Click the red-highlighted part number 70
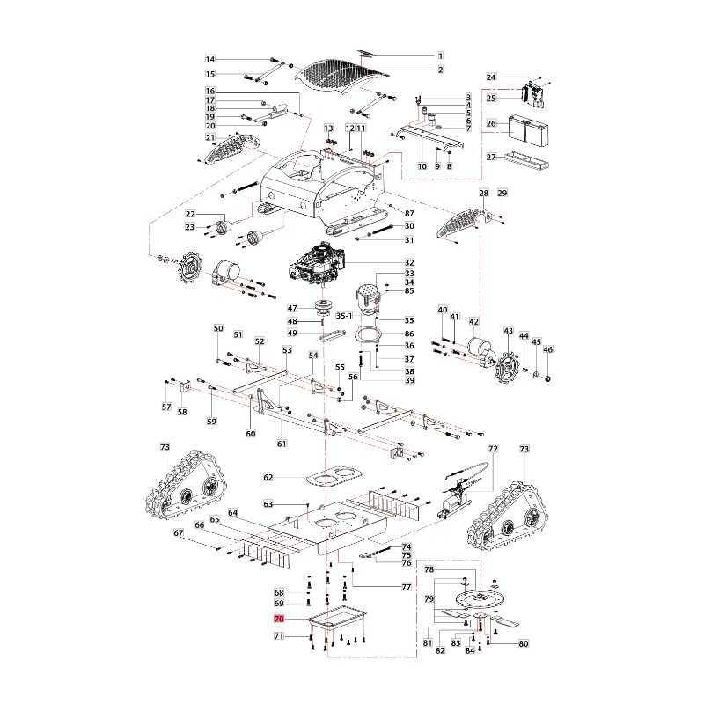pos(279,620)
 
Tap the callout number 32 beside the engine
pos(409,262)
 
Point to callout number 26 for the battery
pos(491,123)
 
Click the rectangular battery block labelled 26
pos(529,131)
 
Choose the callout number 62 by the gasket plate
pos(268,477)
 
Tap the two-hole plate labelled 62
pos(334,476)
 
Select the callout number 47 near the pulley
pos(292,308)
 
